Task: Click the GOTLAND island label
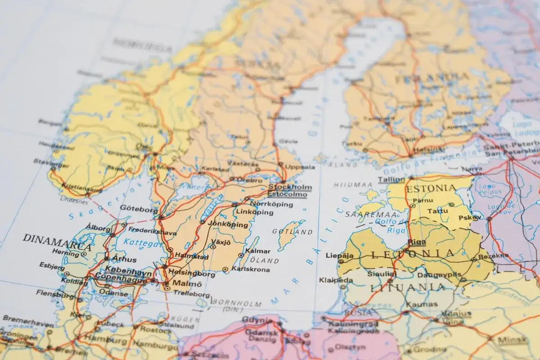click(292, 232)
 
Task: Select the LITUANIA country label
click(407, 287)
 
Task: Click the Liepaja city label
click(339, 256)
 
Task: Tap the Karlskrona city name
click(251, 270)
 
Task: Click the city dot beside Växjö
click(212, 247)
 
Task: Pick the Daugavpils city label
click(439, 274)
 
